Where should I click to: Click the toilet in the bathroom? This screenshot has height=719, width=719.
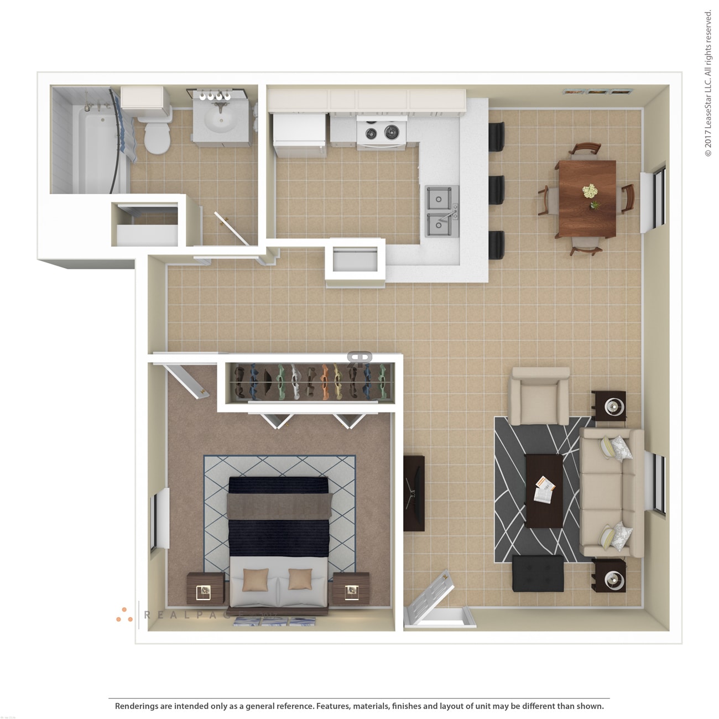pos(157,136)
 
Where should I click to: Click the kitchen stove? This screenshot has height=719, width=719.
pos(382,132)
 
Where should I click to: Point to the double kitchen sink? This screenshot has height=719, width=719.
pos(441,211)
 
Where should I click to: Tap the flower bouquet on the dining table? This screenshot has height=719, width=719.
pos(590,191)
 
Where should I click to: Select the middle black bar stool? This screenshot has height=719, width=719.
pos(496,190)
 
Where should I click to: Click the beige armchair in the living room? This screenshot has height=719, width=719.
pos(539,397)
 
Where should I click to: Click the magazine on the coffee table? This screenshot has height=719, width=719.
pos(544,489)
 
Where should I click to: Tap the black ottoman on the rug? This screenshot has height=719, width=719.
pos(538,573)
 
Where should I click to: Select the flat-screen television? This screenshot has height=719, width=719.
pos(414,493)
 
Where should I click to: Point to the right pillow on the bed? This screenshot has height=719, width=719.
pos(300,579)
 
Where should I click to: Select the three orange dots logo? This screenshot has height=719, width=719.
pos(124,615)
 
